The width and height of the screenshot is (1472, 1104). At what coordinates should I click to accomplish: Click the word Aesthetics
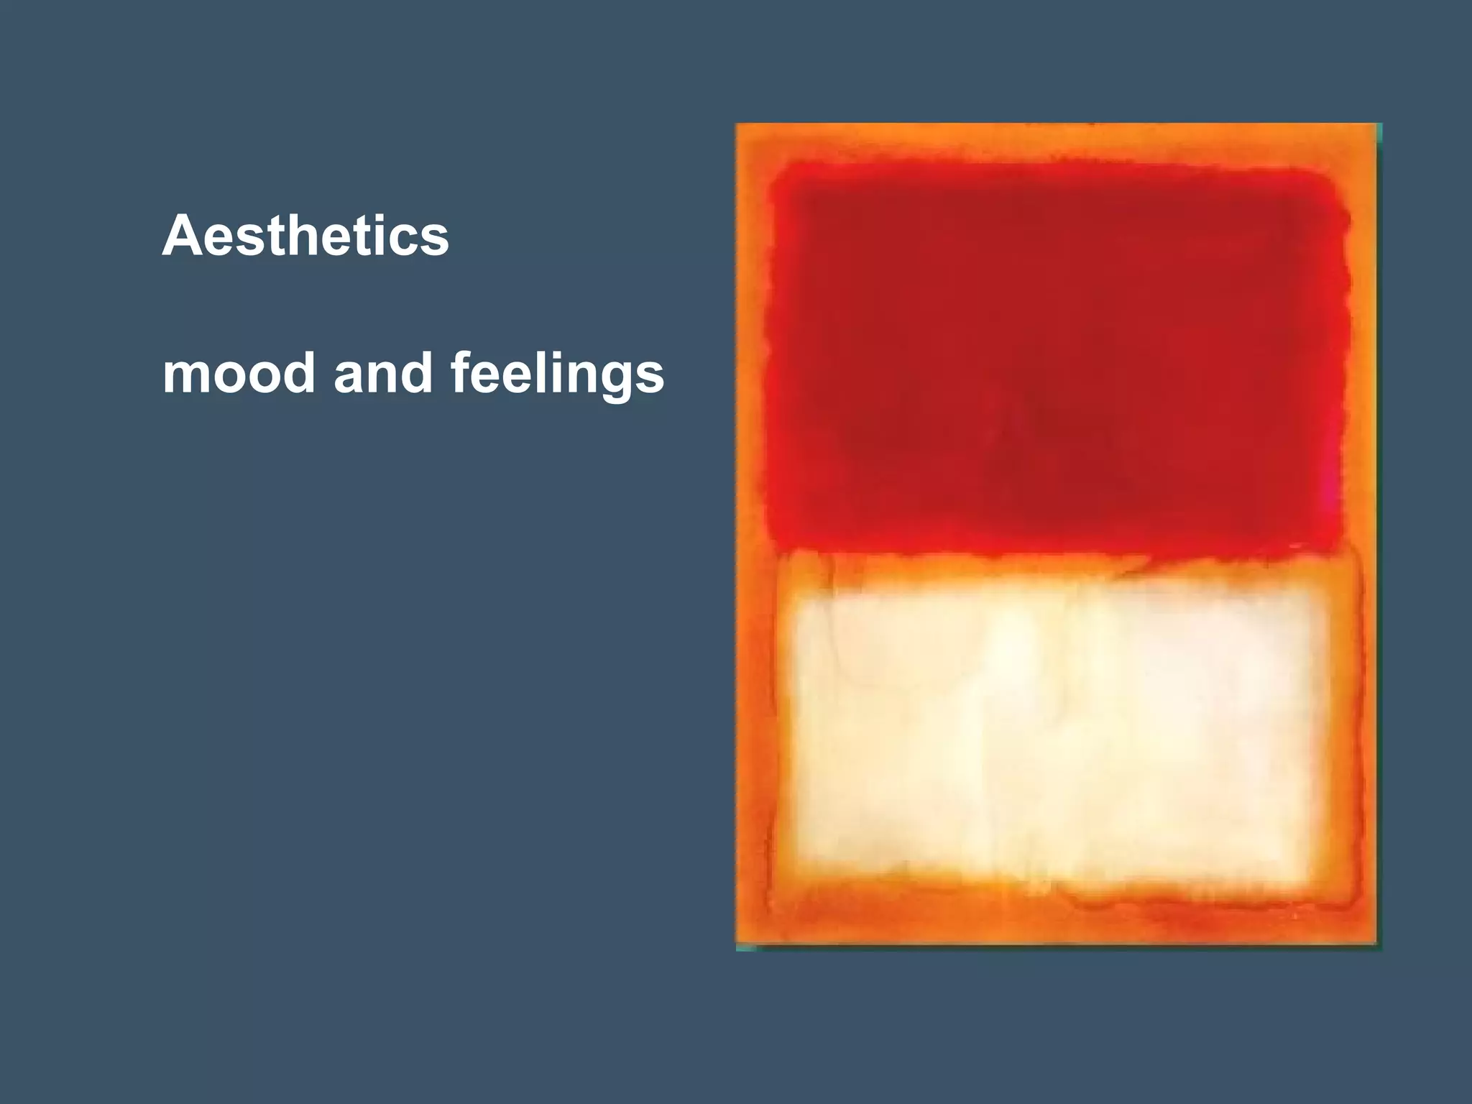tap(305, 236)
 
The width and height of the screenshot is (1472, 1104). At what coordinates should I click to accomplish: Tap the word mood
tap(239, 373)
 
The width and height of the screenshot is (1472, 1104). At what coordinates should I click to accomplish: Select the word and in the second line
tap(383, 373)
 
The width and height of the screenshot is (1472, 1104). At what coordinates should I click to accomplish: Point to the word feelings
tap(557, 374)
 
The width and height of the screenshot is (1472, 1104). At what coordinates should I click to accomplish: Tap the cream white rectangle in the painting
tap(1057, 733)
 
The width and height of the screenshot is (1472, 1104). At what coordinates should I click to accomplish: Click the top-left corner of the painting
tap(738, 126)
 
